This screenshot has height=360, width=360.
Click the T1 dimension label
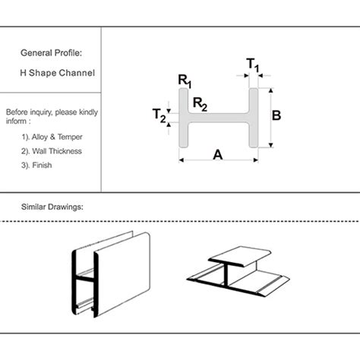click(x=253, y=65)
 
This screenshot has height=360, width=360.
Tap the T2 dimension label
click(x=159, y=115)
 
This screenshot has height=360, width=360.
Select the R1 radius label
click(x=185, y=81)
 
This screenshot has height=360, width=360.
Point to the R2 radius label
click(x=200, y=104)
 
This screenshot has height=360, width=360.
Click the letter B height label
click(x=276, y=115)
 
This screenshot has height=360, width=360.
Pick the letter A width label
click(x=218, y=155)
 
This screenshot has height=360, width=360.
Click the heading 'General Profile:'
click(x=52, y=53)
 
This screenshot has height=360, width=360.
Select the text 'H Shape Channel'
click(x=58, y=73)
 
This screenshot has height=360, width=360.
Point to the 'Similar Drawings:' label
click(x=52, y=207)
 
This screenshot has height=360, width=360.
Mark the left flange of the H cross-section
click(x=184, y=118)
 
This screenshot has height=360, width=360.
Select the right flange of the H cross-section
click(x=254, y=118)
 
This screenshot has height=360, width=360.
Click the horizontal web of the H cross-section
click(x=219, y=118)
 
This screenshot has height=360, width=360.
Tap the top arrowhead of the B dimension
click(x=271, y=90)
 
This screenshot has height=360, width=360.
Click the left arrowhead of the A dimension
click(x=181, y=160)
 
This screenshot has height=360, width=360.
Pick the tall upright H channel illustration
click(x=111, y=274)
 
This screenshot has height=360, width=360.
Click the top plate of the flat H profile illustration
click(x=239, y=257)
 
